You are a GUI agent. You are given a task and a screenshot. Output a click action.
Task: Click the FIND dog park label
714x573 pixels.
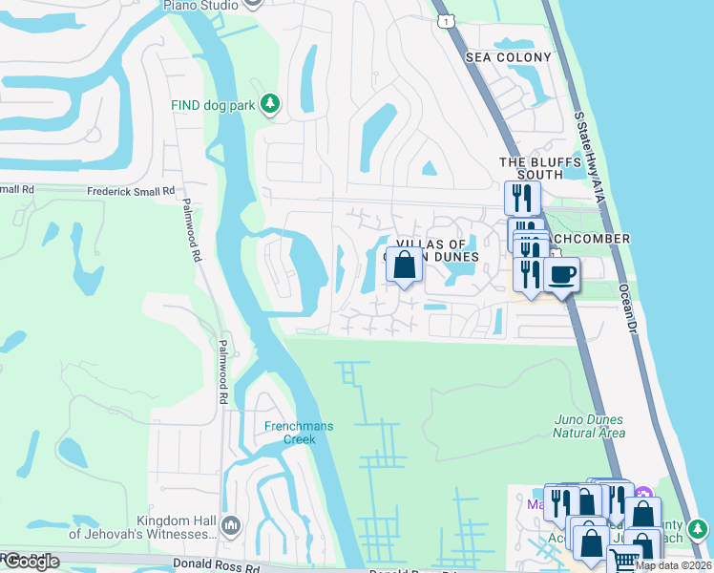coord(213,105)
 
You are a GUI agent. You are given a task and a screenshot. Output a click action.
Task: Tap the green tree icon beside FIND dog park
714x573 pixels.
coord(270,103)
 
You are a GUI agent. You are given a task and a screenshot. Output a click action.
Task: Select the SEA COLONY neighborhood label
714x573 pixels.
coord(509,57)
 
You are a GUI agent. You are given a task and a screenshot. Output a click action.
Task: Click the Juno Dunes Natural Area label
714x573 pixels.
coord(589,426)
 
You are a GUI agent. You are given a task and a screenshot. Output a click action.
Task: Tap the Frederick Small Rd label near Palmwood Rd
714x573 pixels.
coord(131,191)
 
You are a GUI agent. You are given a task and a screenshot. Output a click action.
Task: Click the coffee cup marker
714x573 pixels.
coord(560,275)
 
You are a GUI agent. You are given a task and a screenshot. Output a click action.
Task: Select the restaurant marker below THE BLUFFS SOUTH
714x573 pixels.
coord(522,199)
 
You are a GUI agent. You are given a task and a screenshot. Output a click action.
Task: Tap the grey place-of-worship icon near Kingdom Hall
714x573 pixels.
coord(230,525)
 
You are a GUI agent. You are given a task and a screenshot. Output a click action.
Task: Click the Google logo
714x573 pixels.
coord(31,562)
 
